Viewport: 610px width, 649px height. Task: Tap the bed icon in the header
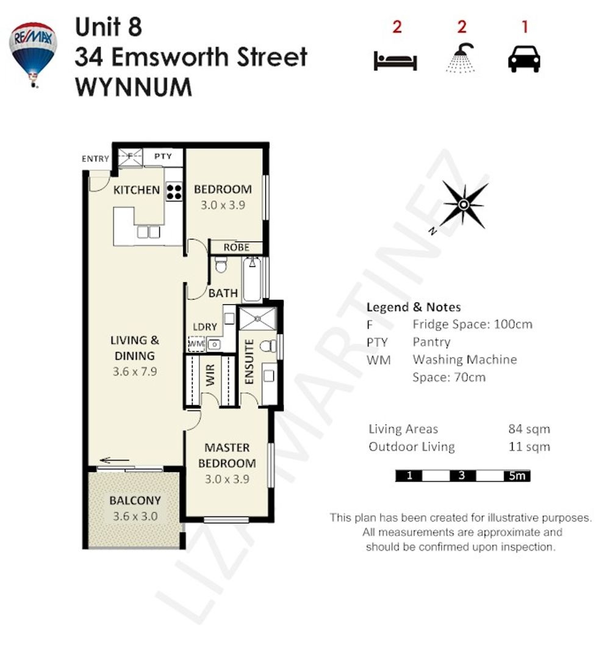(395, 60)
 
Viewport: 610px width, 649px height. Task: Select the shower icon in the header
(461, 58)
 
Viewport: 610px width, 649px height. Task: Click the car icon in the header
(524, 59)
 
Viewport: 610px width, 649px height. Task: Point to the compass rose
(464, 205)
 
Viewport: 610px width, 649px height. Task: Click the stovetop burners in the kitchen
(174, 192)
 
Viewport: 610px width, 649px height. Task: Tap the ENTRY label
(96, 159)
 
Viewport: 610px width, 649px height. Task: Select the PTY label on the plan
(163, 156)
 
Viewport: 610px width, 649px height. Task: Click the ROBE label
(237, 247)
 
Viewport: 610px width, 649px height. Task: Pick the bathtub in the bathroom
(252, 279)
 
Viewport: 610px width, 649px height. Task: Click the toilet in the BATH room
(221, 265)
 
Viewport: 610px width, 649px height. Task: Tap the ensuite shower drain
(257, 319)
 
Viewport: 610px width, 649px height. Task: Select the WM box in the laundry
(196, 344)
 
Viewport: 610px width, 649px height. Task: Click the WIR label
(210, 375)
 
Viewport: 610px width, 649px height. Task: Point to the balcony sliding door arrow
(115, 460)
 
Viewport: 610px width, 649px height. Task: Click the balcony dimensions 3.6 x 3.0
(135, 516)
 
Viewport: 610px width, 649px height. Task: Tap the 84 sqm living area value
(529, 429)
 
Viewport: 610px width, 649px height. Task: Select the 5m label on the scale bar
(517, 476)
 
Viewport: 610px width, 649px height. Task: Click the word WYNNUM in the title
(134, 87)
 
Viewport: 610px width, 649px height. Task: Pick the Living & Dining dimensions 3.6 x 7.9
(135, 371)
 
